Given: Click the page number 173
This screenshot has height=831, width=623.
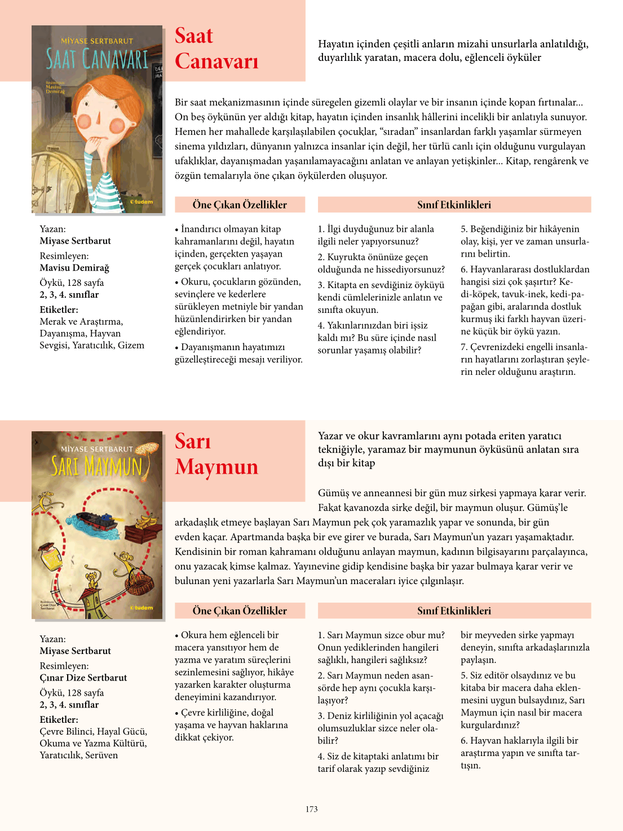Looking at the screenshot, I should tap(312, 809).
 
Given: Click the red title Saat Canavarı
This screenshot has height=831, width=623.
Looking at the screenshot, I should tap(216, 48).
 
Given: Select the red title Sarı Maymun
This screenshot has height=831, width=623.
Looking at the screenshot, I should tap(216, 454).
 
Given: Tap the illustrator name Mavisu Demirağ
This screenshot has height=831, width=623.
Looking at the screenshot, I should tap(74, 268).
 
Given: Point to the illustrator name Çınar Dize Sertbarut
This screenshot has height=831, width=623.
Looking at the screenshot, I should tap(83, 678).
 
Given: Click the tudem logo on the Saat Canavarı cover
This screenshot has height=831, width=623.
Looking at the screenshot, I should tap(142, 202).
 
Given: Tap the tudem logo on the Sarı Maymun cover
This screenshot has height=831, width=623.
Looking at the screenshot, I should tap(142, 608).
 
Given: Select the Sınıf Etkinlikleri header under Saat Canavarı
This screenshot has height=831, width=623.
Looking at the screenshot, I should tap(454, 205).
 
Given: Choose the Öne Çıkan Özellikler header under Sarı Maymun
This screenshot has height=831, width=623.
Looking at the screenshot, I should tap(240, 611).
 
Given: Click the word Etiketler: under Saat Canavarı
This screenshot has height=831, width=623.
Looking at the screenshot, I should tap(59, 310).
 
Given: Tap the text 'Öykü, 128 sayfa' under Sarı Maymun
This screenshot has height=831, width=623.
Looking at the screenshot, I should tap(72, 693).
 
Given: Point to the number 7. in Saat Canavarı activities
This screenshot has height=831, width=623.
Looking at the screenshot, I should tap(464, 347).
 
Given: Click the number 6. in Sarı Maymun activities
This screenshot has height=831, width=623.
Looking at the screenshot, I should tap(464, 740).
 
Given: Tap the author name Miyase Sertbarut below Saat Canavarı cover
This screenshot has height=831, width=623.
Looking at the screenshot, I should tap(75, 241).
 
